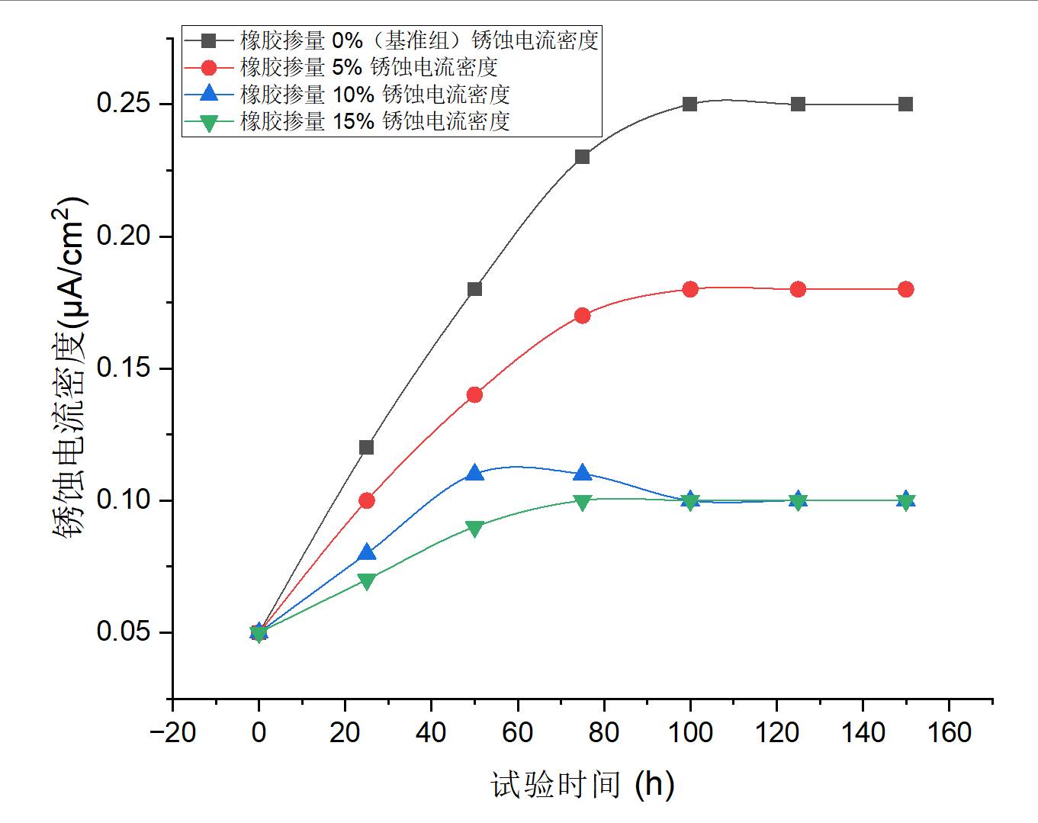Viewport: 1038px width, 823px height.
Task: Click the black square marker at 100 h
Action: click(x=689, y=104)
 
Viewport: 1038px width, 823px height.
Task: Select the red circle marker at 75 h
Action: click(x=582, y=315)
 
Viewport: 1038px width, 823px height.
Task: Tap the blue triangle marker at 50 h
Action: click(x=474, y=473)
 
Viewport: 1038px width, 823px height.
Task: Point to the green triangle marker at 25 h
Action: click(x=366, y=581)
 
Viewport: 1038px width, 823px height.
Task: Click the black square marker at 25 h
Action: click(x=366, y=447)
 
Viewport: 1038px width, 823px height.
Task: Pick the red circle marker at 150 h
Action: click(x=905, y=289)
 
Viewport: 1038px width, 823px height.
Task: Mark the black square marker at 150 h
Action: click(x=905, y=104)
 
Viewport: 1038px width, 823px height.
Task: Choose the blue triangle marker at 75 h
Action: click(x=582, y=473)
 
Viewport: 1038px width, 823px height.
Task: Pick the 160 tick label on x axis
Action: click(x=949, y=733)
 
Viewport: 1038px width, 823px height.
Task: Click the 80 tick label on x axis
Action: click(x=603, y=733)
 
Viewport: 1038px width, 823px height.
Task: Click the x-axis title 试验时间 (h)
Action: click(x=582, y=784)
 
